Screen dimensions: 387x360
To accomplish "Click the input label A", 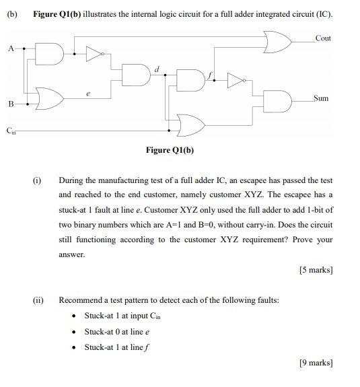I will (x=10, y=48).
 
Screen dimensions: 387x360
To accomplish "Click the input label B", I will (x=10, y=104).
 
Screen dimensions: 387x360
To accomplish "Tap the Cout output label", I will (x=323, y=38).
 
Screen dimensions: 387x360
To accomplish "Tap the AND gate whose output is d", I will (x=137, y=76).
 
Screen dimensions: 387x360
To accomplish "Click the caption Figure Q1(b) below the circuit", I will (x=170, y=149).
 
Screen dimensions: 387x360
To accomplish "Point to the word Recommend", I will (x=79, y=300).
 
